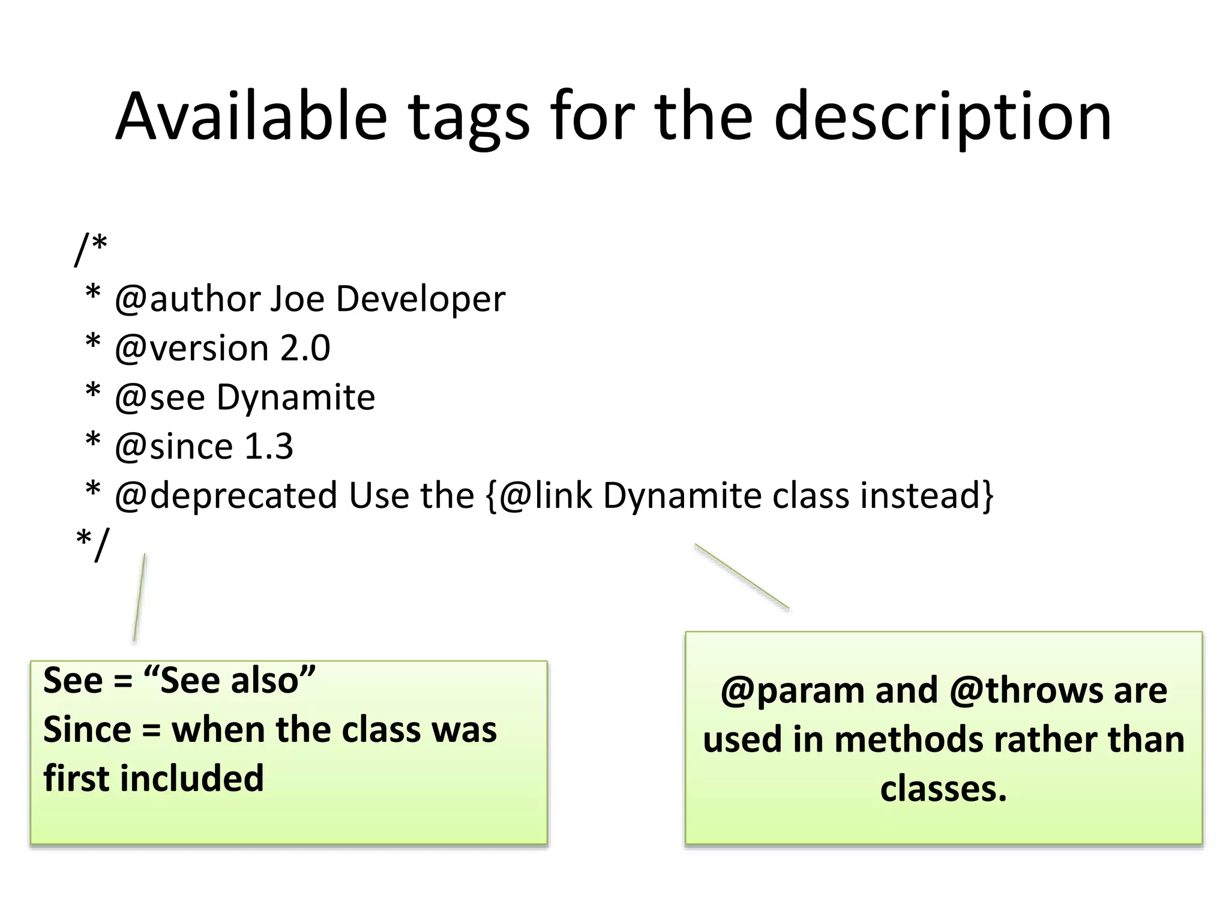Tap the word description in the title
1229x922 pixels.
(x=943, y=118)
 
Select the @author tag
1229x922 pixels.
(x=187, y=299)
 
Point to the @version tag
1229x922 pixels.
(x=191, y=348)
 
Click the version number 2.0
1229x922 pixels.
(x=305, y=348)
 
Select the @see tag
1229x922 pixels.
(x=160, y=397)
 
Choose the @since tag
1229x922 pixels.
(x=174, y=447)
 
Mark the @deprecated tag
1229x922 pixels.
(x=226, y=496)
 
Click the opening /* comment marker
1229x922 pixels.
(x=91, y=249)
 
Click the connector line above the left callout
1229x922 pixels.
(x=139, y=598)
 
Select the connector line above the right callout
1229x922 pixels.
(x=742, y=577)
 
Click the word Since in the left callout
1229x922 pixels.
(x=87, y=730)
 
